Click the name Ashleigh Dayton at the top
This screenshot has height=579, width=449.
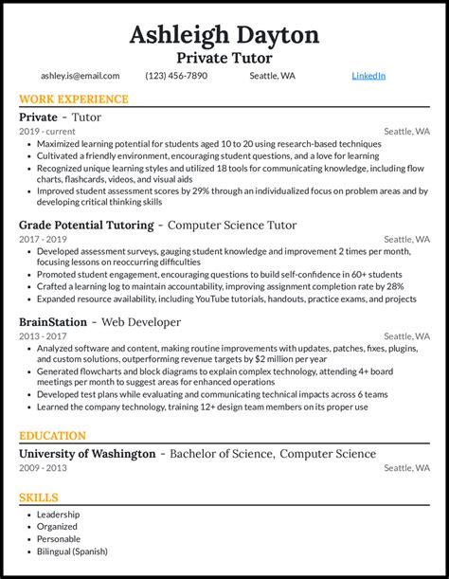(x=224, y=35)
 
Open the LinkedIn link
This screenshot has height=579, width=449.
(x=368, y=76)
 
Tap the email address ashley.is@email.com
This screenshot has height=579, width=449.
(x=80, y=76)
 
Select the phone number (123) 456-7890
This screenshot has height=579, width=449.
(x=176, y=76)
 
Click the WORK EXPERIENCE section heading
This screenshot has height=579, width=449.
(x=73, y=100)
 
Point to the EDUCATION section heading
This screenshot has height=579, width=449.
(x=52, y=436)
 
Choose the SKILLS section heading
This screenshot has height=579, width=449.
(x=39, y=498)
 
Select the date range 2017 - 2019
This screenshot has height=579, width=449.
(x=42, y=240)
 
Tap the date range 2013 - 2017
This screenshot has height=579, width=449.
(x=42, y=336)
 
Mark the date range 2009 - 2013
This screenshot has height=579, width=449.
(x=42, y=468)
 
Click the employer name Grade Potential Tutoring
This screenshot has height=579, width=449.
(x=86, y=226)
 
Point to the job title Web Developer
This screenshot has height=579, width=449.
(x=140, y=322)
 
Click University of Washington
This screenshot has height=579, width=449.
(x=87, y=454)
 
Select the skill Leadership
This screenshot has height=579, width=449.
(x=58, y=515)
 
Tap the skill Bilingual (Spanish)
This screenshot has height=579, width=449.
(x=72, y=552)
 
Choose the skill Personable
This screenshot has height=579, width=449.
(x=60, y=539)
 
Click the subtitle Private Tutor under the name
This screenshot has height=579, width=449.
(x=224, y=58)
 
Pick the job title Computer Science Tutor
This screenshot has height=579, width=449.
(x=231, y=226)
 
